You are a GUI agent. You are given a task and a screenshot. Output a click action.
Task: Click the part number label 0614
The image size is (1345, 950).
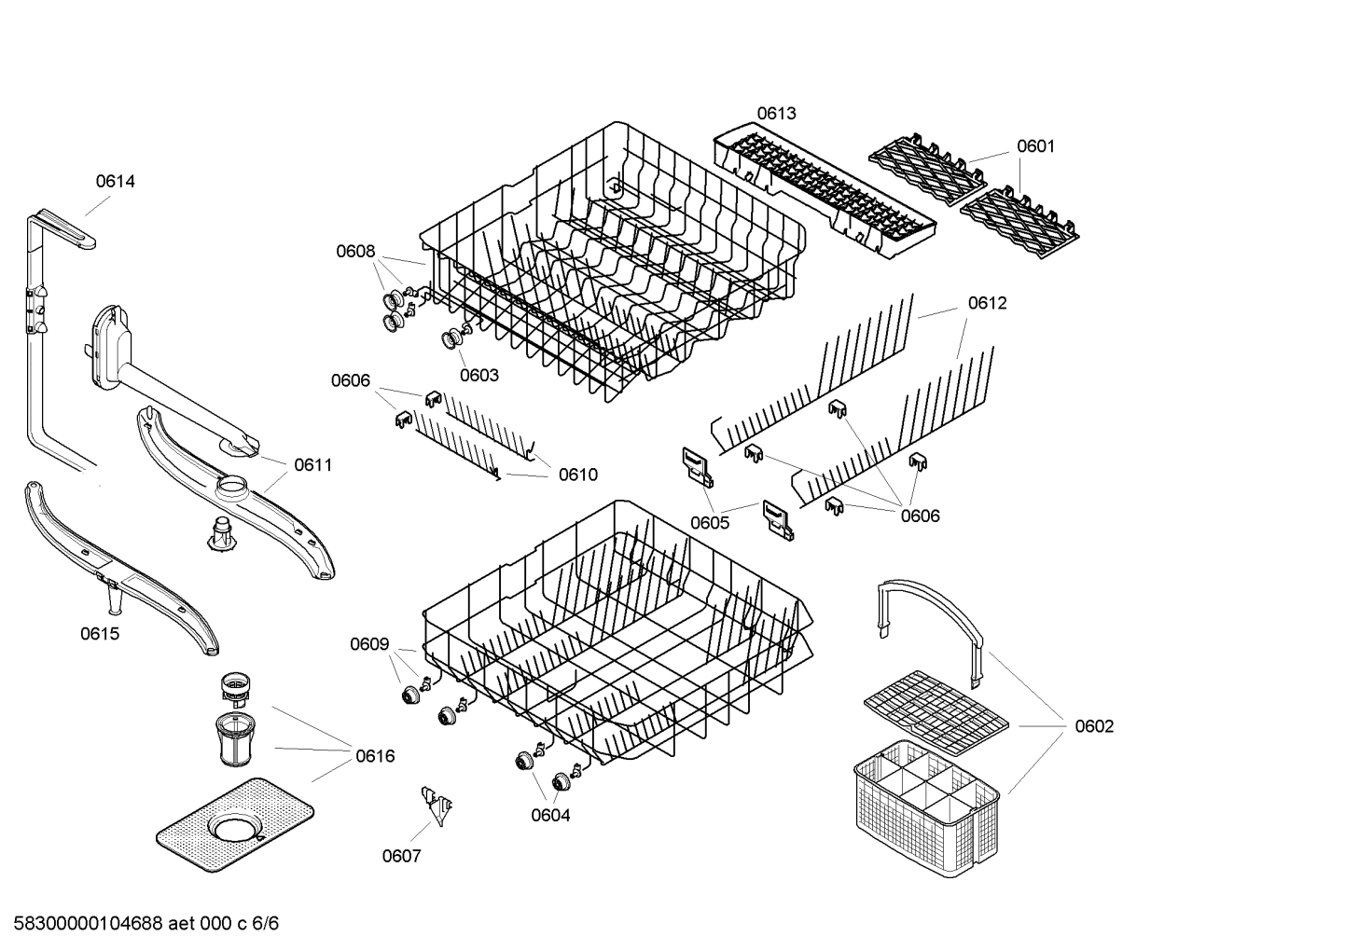[115, 182]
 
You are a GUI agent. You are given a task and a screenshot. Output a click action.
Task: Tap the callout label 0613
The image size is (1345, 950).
[776, 114]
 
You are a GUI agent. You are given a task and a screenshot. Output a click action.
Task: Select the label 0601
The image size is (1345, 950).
[1035, 146]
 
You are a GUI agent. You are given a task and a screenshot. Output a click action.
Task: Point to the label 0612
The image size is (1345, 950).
[987, 303]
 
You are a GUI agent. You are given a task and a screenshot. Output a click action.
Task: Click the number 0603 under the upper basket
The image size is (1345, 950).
[478, 376]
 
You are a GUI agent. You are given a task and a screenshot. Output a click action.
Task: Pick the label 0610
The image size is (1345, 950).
[577, 475]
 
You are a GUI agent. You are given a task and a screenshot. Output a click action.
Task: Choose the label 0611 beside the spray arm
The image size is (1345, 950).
[312, 465]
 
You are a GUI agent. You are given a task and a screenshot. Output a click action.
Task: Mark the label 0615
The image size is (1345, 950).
[99, 634]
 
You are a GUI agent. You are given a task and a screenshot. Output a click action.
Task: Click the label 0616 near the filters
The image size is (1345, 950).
[375, 756]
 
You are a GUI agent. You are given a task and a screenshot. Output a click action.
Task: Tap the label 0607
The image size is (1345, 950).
[401, 856]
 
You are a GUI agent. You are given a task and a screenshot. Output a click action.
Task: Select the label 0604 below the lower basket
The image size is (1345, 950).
[550, 816]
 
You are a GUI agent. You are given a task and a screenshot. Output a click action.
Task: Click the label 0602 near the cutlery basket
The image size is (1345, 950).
[1094, 726]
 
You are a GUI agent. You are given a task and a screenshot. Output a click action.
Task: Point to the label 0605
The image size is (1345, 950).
[710, 522]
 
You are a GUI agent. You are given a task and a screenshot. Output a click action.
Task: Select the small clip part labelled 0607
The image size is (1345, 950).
[435, 803]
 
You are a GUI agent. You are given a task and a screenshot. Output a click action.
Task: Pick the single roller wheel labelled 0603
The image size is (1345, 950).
[454, 339]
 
